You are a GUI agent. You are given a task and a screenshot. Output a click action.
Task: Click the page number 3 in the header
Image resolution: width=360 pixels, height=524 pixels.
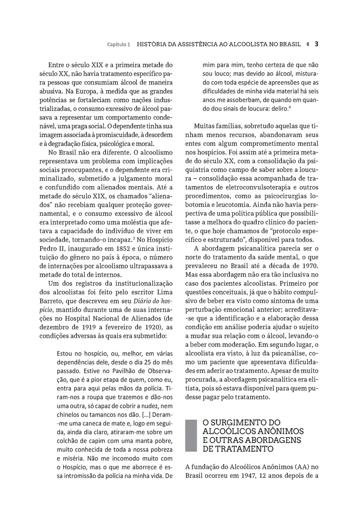(316, 44)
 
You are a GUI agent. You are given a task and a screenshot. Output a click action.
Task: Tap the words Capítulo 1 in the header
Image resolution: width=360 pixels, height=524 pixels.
(119, 45)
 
